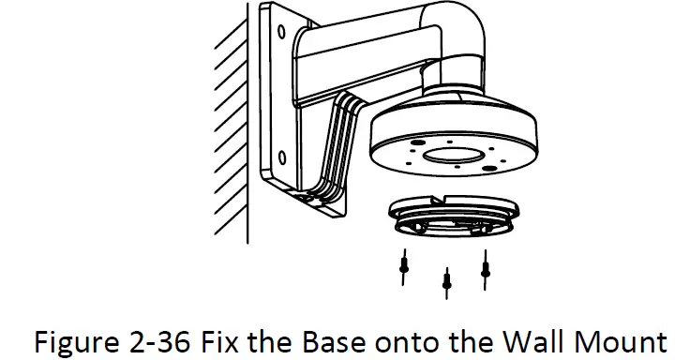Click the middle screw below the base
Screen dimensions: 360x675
point(447,278)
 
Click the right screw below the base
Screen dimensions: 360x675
point(485,265)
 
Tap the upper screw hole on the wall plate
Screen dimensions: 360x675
point(280,32)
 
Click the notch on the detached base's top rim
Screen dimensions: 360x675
point(439,201)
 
